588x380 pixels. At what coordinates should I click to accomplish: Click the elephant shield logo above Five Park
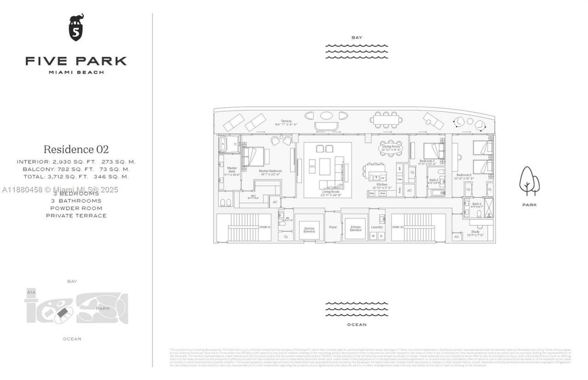(76, 28)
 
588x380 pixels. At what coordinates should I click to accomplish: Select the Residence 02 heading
(76, 149)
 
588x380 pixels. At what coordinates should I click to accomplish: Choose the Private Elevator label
(356, 229)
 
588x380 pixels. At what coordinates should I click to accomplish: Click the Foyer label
(333, 227)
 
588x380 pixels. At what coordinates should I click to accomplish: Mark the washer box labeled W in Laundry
(373, 236)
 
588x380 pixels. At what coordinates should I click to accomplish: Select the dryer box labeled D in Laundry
(381, 236)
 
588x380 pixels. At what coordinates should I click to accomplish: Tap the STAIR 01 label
(265, 227)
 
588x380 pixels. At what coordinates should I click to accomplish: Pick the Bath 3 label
(477, 205)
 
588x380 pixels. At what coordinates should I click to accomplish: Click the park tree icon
(529, 181)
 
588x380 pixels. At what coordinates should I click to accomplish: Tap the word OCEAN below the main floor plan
(356, 324)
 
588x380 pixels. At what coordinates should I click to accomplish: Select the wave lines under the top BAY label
(356, 51)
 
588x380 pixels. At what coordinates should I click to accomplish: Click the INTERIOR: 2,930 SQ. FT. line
(76, 162)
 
